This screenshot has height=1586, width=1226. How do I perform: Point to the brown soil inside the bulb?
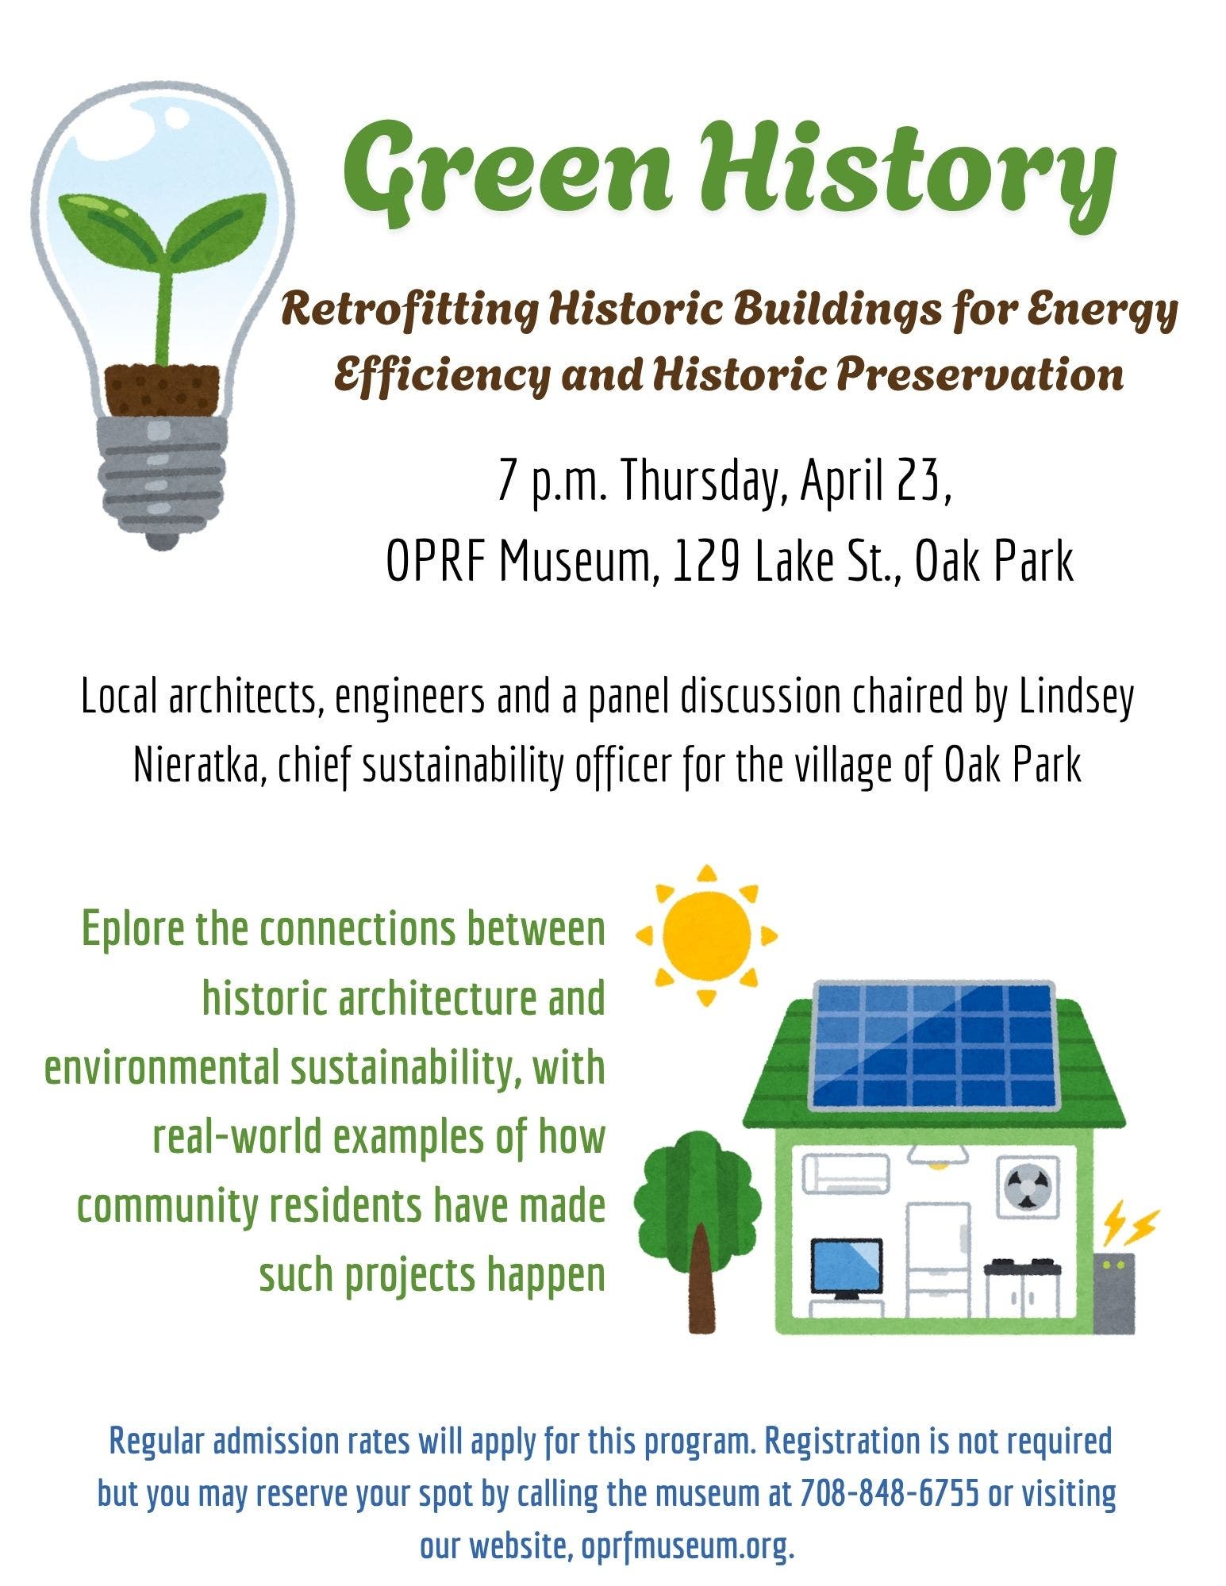point(163,389)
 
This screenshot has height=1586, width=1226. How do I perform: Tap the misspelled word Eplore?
point(133,931)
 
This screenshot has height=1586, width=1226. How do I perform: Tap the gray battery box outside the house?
point(1114,1294)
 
